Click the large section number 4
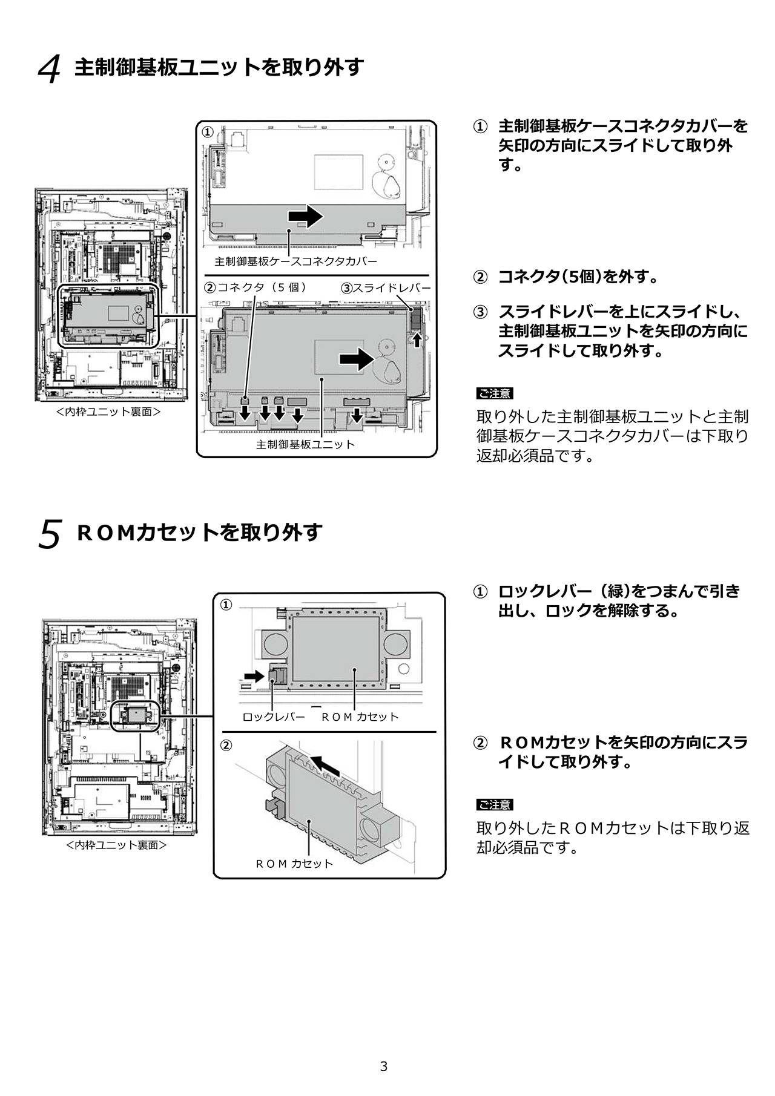tap(50, 69)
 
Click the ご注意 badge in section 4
tap(495, 393)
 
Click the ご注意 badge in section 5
tap(495, 804)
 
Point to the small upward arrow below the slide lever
tap(417, 340)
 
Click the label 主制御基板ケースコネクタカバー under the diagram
tap(295, 261)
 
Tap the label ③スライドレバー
tap(386, 288)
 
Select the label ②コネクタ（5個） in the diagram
tap(255, 287)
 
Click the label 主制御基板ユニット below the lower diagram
tap(305, 445)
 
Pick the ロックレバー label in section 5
tap(274, 717)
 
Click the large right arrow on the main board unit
tap(357, 359)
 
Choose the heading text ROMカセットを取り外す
tap(200, 533)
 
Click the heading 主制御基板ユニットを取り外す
tap(219, 67)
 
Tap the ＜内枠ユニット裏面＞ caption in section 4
tap(108, 412)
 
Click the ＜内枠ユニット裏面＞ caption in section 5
tap(116, 845)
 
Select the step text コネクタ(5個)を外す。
tap(578, 277)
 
